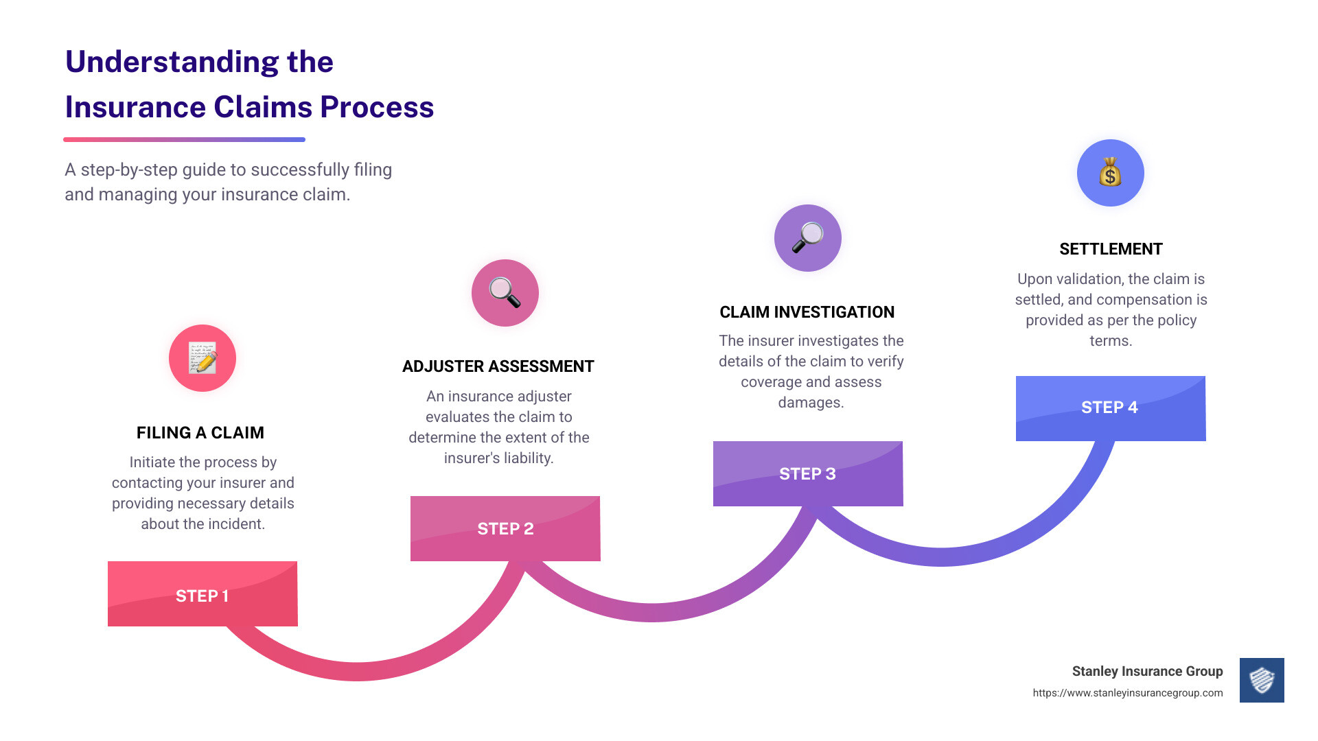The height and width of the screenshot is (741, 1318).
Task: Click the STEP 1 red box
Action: [203, 594]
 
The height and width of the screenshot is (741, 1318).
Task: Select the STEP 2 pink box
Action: [505, 528]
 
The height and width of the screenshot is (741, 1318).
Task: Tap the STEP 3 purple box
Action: [808, 473]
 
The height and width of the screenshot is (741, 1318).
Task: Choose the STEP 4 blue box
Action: [1111, 408]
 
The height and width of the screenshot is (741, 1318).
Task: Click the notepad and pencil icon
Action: [203, 358]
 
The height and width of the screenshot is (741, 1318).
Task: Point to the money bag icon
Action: [1110, 172]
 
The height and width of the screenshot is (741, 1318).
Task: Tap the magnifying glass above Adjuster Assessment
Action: [505, 293]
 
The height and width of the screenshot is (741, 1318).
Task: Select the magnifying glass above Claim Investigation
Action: [807, 237]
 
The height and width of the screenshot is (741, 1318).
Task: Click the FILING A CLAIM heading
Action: [200, 433]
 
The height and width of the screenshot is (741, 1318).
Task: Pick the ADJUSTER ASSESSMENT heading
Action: [498, 366]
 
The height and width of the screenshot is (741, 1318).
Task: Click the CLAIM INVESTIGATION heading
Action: [807, 312]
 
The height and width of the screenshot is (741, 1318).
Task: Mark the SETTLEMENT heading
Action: [1111, 249]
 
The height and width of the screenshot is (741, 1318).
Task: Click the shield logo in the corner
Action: [1262, 681]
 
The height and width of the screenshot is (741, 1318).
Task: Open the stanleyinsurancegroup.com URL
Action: [1128, 693]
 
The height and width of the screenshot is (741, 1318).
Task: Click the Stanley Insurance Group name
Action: [1147, 671]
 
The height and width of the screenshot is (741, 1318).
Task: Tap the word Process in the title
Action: [377, 107]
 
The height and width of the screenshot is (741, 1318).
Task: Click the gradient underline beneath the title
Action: [184, 139]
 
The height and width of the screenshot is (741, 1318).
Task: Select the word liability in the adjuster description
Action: [524, 458]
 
